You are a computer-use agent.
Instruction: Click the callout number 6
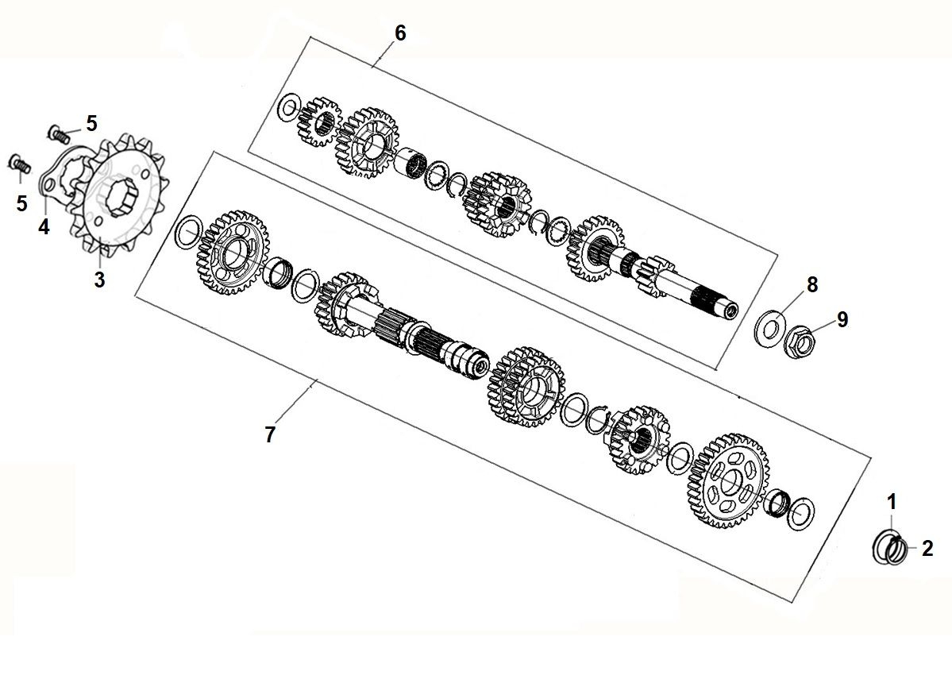coord(399,33)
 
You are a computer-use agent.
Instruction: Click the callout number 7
coord(270,434)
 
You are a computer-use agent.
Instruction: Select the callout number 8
coord(811,284)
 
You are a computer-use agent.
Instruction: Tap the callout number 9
coord(842,319)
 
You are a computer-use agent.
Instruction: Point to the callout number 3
coord(99,280)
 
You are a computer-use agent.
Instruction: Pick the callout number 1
coord(892,502)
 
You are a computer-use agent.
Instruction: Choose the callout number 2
coord(927,549)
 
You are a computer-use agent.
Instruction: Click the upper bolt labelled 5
coord(58,132)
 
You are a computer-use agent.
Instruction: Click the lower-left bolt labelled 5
coord(19,162)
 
